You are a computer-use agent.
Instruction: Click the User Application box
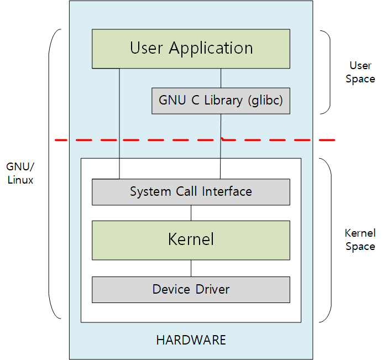pyautogui.click(x=191, y=49)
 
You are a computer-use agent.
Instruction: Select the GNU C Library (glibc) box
pyautogui.click(x=221, y=101)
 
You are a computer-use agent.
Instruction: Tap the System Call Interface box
pyautogui.click(x=191, y=192)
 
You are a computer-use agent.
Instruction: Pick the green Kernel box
pyautogui.click(x=191, y=240)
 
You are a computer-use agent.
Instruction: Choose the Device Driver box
pyautogui.click(x=191, y=289)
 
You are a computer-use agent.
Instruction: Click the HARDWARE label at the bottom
pyautogui.click(x=191, y=340)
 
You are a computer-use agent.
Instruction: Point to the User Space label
pyautogui.click(x=360, y=72)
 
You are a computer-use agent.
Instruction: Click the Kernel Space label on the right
pyautogui.click(x=360, y=239)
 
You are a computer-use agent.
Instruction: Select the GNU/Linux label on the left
pyautogui.click(x=20, y=173)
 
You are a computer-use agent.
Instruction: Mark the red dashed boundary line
pyautogui.click(x=138, y=140)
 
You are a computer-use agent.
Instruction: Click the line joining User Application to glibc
pyautogui.click(x=221, y=77)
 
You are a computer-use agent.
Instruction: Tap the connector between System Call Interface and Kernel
pyautogui.click(x=191, y=212)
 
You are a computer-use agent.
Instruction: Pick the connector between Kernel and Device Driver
pyautogui.click(x=191, y=268)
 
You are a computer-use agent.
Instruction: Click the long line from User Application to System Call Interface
pyautogui.click(x=119, y=122)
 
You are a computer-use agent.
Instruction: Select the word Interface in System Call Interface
pyautogui.click(x=227, y=192)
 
